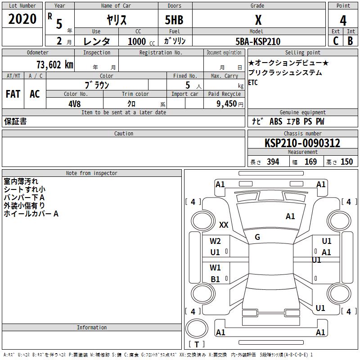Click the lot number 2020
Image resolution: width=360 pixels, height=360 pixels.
pyautogui.click(x=22, y=19)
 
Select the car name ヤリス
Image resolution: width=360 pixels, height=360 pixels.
pyautogui.click(x=117, y=20)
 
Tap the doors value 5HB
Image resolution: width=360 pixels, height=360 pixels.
pyautogui.click(x=174, y=20)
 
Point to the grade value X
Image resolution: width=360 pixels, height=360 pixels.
pyautogui.click(x=258, y=20)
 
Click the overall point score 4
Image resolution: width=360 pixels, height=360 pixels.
pyautogui.click(x=343, y=20)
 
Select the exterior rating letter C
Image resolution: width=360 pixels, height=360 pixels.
pyautogui.click(x=336, y=41)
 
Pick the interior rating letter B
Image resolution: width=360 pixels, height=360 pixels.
pyautogui.click(x=350, y=41)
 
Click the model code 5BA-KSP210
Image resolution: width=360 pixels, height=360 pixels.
pyautogui.click(x=258, y=41)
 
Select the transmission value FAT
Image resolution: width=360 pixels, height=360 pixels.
pyautogui.click(x=13, y=94)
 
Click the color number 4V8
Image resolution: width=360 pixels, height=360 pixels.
pyautogui.click(x=75, y=103)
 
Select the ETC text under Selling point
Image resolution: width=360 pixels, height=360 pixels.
pyautogui.click(x=253, y=83)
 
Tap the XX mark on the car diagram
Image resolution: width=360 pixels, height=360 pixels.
pyautogui.click(x=224, y=225)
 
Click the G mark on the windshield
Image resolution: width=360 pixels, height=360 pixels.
pyautogui.click(x=257, y=237)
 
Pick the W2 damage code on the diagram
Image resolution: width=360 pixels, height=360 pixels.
pyautogui.click(x=215, y=242)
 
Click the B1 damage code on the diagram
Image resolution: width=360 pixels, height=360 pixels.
pyautogui.click(x=215, y=279)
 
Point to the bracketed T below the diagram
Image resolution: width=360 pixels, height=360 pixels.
pyautogui.click(x=197, y=345)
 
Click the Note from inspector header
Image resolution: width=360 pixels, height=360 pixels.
pyautogui.click(x=91, y=173)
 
